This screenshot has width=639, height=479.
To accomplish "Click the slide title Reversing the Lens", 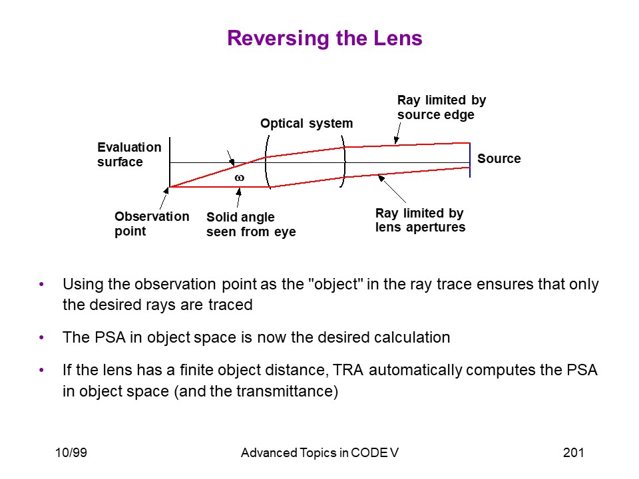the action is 325,39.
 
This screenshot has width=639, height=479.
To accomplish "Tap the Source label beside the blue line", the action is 499,158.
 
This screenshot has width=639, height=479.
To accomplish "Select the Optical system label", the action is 306,124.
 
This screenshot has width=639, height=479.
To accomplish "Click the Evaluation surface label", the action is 129,154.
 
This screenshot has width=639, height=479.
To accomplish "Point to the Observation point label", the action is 152,224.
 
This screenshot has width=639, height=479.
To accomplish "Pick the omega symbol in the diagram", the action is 240,178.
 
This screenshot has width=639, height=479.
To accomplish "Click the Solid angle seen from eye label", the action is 251,224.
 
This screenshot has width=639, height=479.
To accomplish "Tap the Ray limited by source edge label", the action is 442,107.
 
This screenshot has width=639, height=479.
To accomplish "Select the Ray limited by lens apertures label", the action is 420,220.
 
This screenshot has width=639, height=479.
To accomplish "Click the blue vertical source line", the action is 470,160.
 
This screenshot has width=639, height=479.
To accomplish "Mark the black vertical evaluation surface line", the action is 170,162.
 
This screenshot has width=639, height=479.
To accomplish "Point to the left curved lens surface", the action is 266,162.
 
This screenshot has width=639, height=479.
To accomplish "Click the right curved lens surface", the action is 343,162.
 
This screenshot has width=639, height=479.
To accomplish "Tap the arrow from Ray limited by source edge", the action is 398,133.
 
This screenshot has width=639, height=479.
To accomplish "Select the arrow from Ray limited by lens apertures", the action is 392,188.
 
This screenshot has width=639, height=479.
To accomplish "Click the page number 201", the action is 573,452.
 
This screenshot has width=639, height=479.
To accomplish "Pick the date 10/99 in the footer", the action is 71,452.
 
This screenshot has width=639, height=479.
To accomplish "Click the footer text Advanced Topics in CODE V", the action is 320,452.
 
